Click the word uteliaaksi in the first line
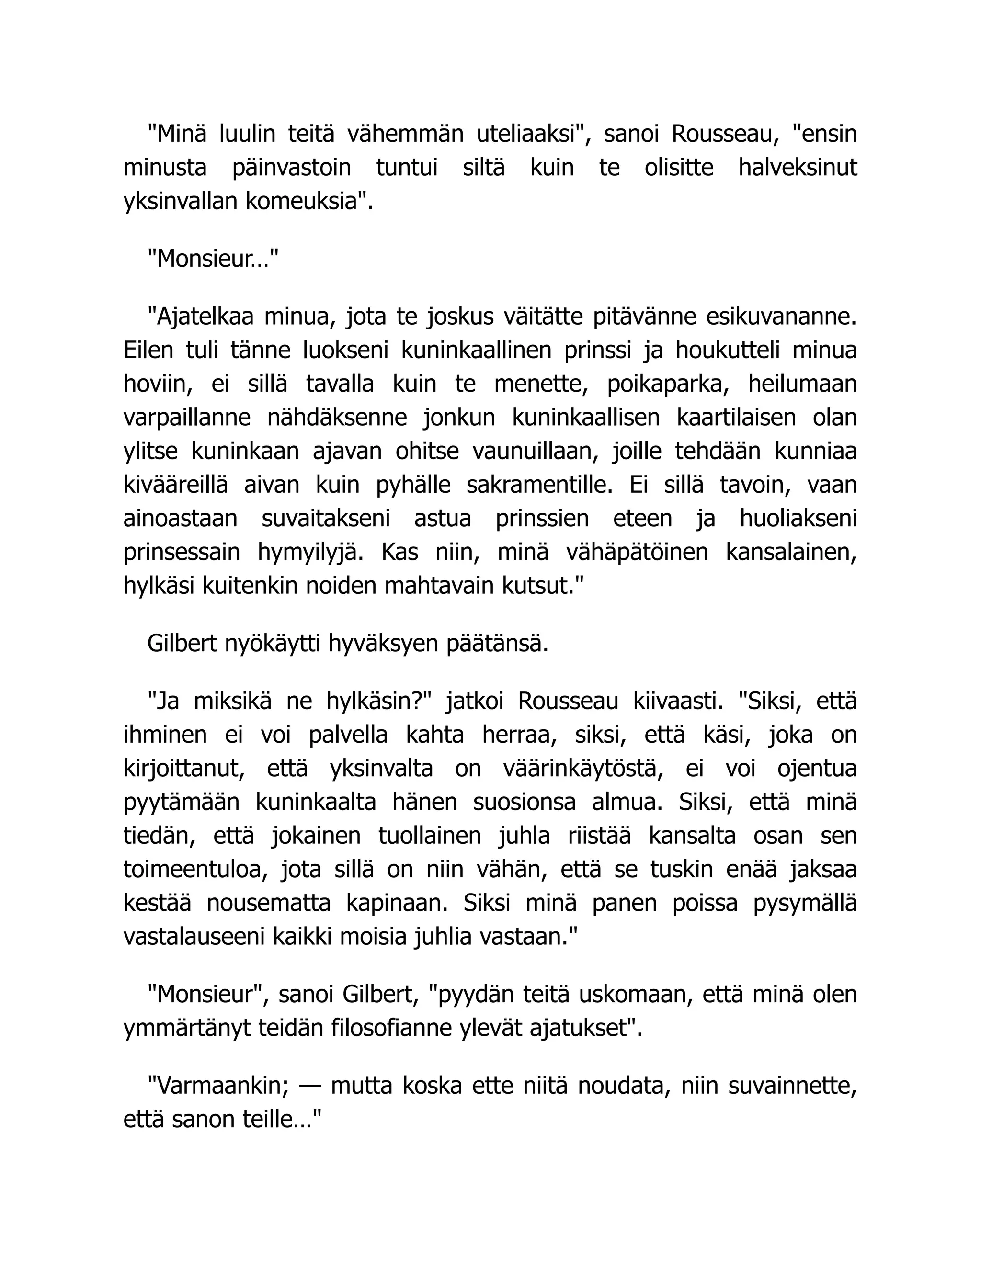click(x=531, y=134)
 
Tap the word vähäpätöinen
click(x=637, y=551)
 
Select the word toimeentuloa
click(x=196, y=869)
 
